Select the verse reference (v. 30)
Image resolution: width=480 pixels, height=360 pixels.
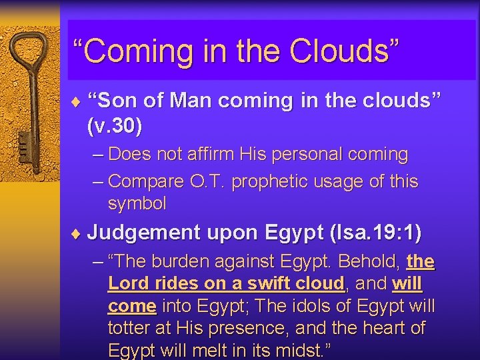(x=115, y=125)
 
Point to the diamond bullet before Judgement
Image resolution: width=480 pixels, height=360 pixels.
(x=79, y=233)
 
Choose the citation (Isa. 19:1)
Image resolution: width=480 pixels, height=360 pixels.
(x=376, y=233)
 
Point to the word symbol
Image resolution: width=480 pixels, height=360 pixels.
(x=137, y=203)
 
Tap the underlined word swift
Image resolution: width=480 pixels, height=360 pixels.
(x=251, y=284)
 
